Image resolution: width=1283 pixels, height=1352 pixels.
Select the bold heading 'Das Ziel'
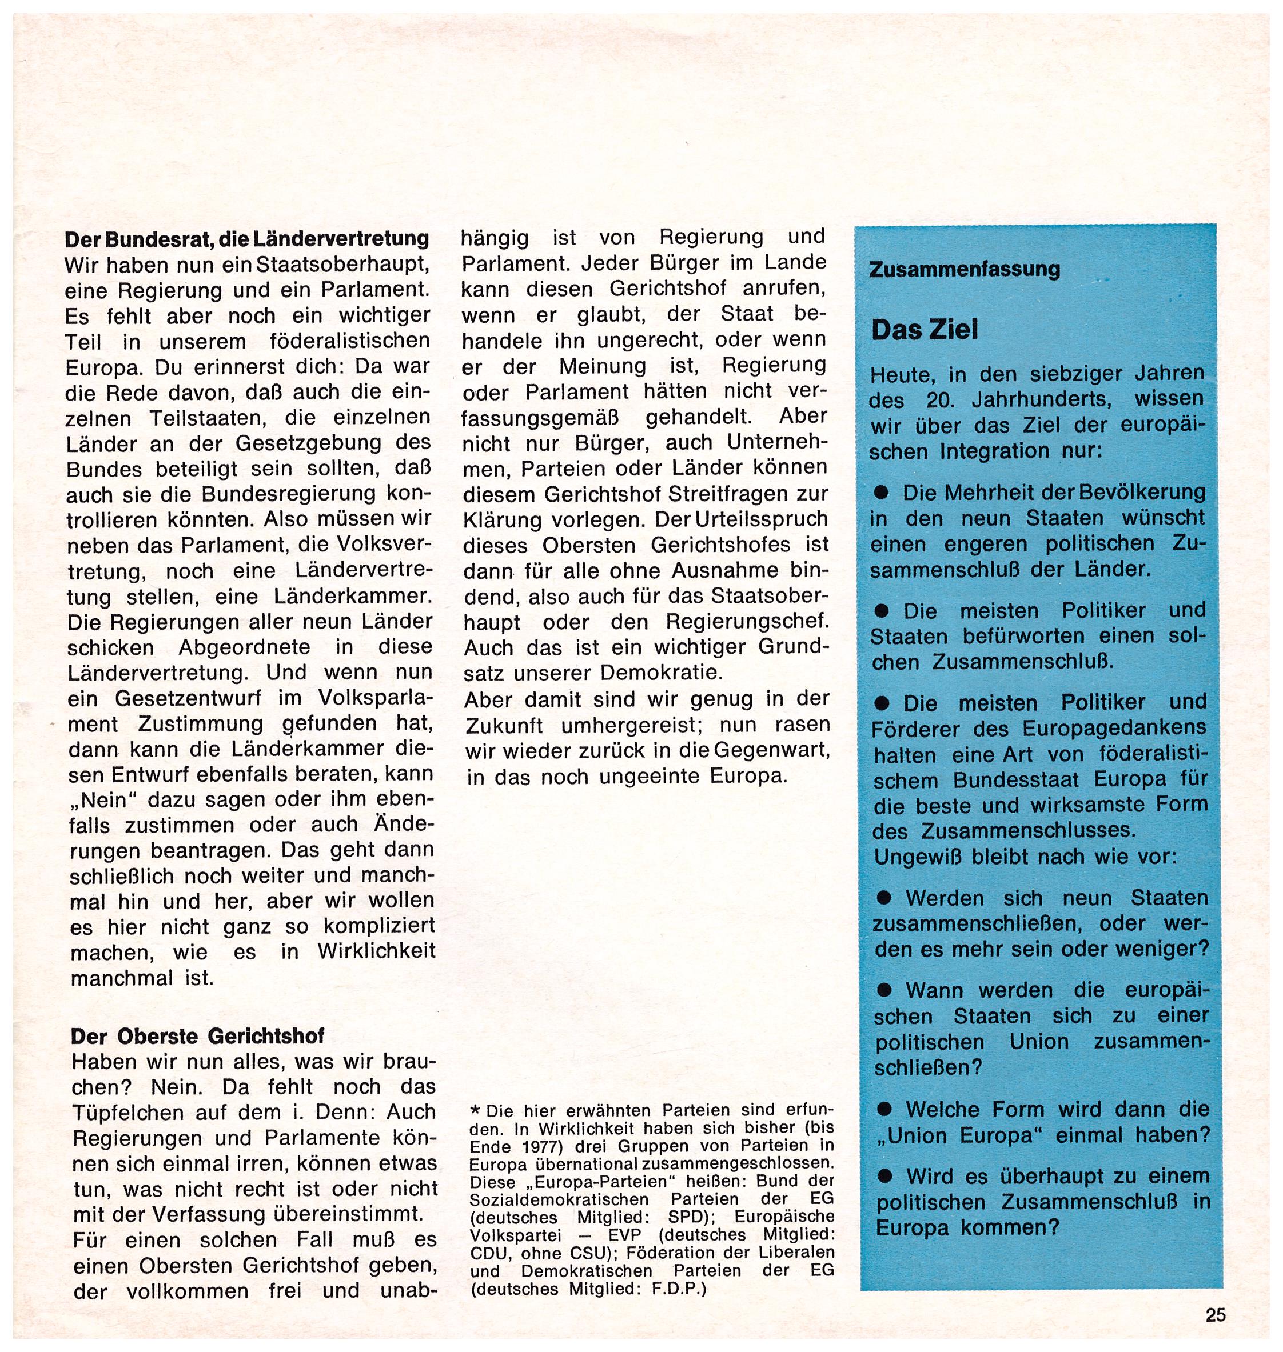[x=925, y=330]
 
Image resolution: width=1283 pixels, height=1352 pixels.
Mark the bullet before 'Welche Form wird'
[x=887, y=1109]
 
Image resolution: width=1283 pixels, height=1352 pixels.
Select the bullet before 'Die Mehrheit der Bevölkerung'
[x=883, y=492]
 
